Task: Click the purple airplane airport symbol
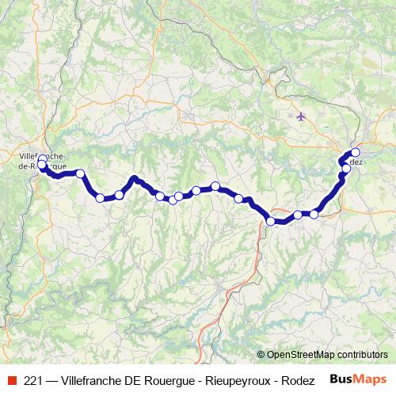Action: click(x=301, y=116)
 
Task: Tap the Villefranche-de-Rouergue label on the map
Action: click(x=40, y=162)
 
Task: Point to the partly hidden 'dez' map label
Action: click(x=356, y=162)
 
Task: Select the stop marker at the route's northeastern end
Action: click(x=356, y=152)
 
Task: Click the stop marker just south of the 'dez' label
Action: click(x=346, y=169)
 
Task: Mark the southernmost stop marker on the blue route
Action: click(x=271, y=222)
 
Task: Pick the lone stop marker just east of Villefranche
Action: click(x=80, y=173)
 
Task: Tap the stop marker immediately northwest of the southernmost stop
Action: click(x=238, y=198)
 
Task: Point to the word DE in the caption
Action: click(x=136, y=380)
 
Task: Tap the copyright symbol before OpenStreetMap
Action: click(x=261, y=356)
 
